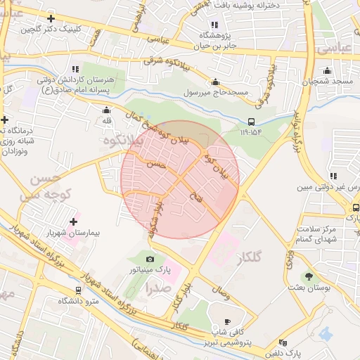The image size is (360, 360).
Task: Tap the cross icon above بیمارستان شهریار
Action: (x=73, y=221)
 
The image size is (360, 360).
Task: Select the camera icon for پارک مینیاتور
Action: (x=150, y=259)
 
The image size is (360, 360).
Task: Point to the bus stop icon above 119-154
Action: (x=252, y=121)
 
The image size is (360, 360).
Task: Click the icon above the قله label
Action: (x=106, y=110)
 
